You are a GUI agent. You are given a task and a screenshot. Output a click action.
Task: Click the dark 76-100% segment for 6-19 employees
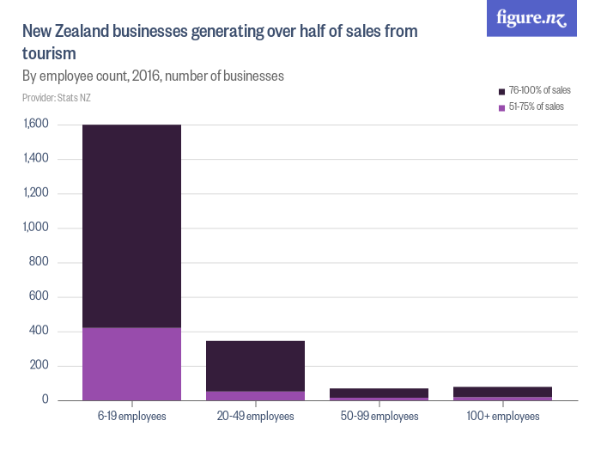point(131,226)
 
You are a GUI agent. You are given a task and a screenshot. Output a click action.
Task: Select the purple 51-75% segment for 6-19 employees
point(131,363)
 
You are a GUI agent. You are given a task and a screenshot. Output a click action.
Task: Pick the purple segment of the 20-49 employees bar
point(255,395)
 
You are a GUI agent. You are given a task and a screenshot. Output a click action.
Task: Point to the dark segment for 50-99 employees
point(379,393)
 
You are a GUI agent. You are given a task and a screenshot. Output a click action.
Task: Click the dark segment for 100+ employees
point(502,392)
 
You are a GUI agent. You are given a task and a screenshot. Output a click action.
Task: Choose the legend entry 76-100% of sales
point(538,90)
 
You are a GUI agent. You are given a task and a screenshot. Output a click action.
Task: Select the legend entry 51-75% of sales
point(535,107)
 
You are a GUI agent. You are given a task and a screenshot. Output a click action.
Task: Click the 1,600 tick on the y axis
point(36,125)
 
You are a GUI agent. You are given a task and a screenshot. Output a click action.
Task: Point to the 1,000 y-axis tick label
point(36,228)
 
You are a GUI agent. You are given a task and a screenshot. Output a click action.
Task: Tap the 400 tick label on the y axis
point(40,332)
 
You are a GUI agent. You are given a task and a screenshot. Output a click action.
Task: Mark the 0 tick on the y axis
point(46,400)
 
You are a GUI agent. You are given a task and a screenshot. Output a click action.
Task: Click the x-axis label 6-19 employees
point(131,417)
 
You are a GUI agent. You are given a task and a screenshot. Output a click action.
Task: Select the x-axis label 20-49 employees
point(255,417)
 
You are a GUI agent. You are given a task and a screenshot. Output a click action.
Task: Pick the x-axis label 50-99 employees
point(379,417)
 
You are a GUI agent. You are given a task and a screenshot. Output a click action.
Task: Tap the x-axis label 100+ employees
point(502,417)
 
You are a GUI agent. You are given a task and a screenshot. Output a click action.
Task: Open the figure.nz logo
point(532,19)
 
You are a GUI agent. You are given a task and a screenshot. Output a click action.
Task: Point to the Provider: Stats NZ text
point(57,98)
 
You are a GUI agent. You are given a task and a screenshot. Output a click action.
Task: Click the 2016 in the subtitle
point(146,76)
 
